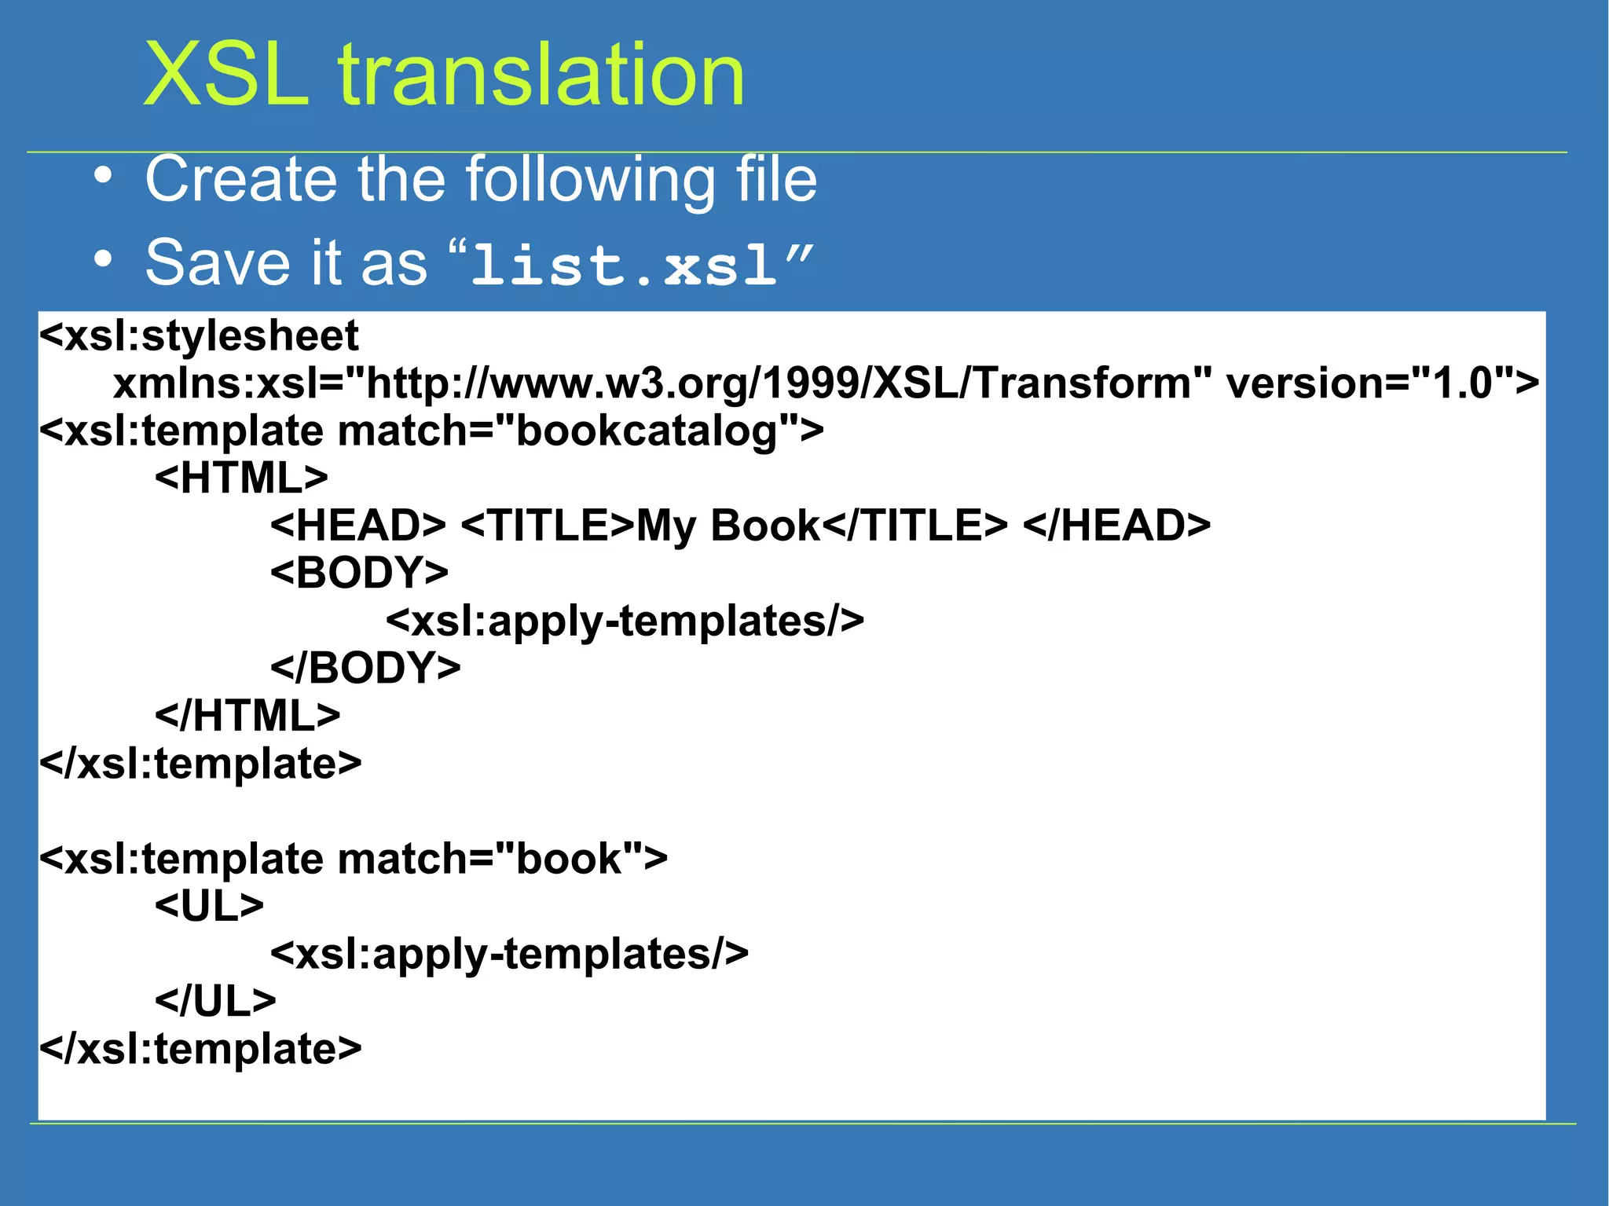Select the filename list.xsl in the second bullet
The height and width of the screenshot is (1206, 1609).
[625, 264]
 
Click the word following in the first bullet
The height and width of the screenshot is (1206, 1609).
[591, 181]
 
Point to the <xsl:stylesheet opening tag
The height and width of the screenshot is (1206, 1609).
[199, 335]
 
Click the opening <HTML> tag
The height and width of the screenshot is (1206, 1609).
[241, 478]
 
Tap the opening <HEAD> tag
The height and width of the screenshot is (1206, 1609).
[358, 525]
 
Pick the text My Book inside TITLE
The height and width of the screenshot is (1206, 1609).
[728, 525]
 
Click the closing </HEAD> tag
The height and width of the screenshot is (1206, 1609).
[1116, 525]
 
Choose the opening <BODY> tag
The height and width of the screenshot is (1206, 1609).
[359, 573]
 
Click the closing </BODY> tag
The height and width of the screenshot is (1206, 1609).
[365, 668]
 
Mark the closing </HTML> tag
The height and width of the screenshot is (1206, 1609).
[247, 716]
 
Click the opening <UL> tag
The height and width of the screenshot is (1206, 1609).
[209, 906]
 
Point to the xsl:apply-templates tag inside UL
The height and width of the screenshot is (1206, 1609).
[509, 954]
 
